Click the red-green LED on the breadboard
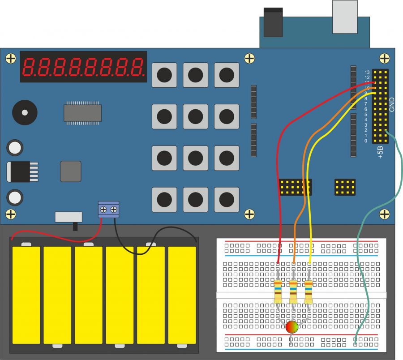pos(292,327)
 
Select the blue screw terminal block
pos(108,209)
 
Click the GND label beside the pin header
pos(392,104)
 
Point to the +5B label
pos(380,152)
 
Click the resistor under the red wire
pos(278,291)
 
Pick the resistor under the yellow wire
pos(309,291)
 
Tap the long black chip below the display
pos(82,113)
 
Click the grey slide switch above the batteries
pos(69,217)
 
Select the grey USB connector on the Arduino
pos(345,17)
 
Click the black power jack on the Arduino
pos(273,22)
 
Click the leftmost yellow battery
pos(26,294)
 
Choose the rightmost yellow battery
pos(182,294)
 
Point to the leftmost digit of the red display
pos(29,67)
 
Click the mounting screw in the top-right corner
pos(384,58)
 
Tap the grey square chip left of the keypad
pos(71,171)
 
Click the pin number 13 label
pos(367,72)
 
